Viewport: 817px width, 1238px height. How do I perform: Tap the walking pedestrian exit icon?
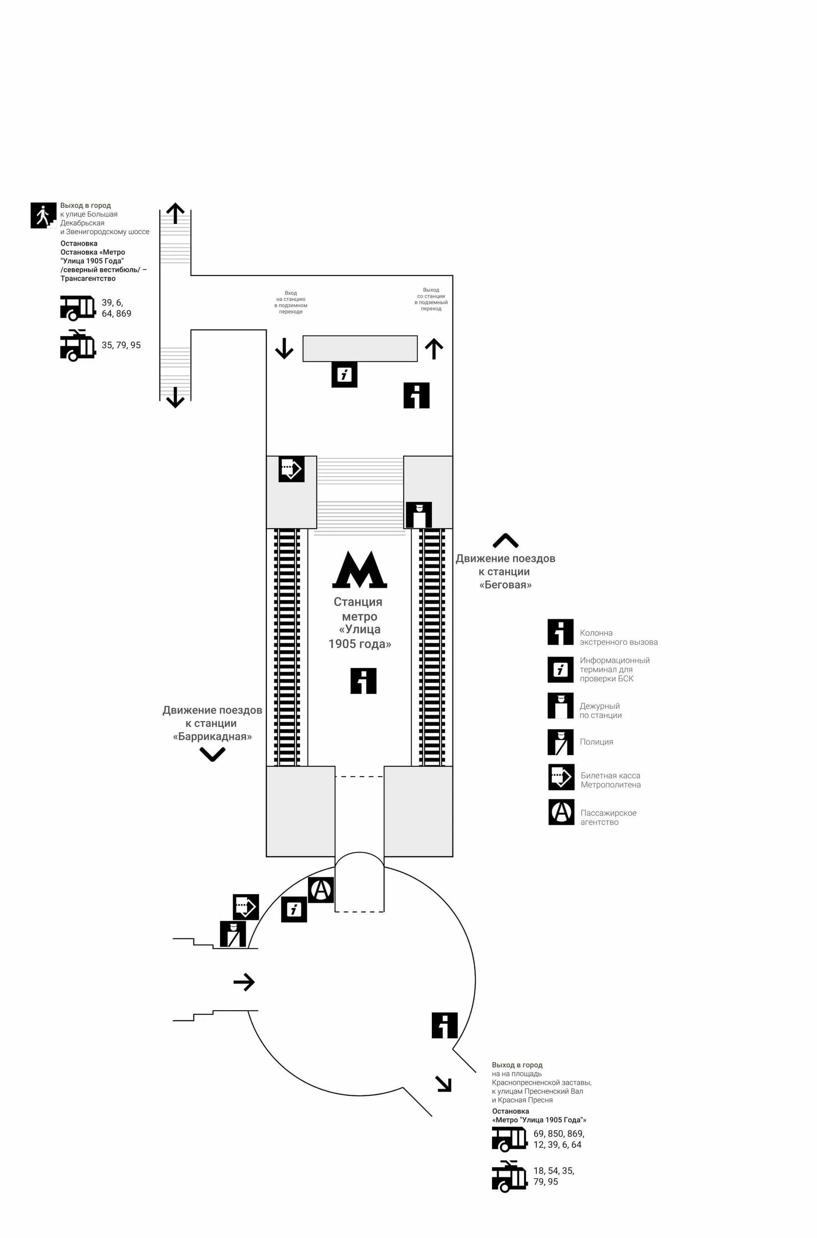43,215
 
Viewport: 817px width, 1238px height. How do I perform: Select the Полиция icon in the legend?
560,742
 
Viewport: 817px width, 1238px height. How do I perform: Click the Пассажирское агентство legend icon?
561,812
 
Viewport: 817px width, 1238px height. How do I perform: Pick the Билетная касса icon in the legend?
561,777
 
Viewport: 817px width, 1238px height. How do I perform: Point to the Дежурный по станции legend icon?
560,705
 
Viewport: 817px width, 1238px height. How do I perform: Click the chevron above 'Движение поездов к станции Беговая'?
505,541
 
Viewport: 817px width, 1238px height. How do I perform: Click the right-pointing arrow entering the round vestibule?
244,982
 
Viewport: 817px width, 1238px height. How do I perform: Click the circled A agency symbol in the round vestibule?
321,890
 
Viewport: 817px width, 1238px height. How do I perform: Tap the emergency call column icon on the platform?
363,681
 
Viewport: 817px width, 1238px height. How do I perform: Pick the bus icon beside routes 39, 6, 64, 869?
78,307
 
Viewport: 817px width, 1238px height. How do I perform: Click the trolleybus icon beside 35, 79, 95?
78,345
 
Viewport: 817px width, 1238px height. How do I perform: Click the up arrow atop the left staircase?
175,213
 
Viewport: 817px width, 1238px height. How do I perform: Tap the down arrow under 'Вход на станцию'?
284,348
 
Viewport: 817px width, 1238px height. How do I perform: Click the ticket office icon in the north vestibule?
291,469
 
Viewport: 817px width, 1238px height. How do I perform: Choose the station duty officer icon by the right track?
418,515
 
